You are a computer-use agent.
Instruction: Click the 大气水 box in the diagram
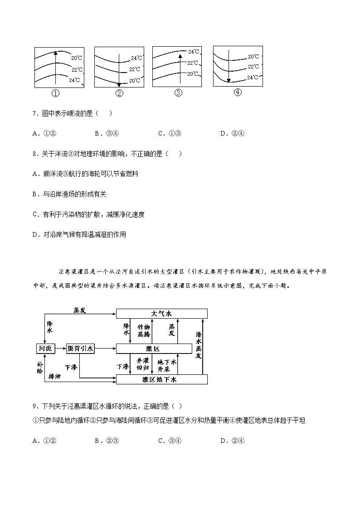[x=162, y=314]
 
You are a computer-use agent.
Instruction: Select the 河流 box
[x=45, y=348]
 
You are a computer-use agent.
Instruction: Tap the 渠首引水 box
[x=80, y=348]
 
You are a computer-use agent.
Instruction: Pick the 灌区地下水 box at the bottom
[x=162, y=380]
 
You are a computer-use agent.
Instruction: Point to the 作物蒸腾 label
[x=143, y=330]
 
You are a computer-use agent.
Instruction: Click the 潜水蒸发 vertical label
[x=199, y=345]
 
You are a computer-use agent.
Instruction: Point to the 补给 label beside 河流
[x=39, y=367]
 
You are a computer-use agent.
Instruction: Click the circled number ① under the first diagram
[x=55, y=94]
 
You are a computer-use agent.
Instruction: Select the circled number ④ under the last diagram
[x=237, y=92]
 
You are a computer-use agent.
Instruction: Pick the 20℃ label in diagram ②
[x=135, y=81]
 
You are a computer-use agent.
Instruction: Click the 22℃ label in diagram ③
[x=192, y=63]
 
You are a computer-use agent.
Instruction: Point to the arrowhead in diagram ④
[x=229, y=81]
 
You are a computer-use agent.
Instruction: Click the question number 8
[x=35, y=154]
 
